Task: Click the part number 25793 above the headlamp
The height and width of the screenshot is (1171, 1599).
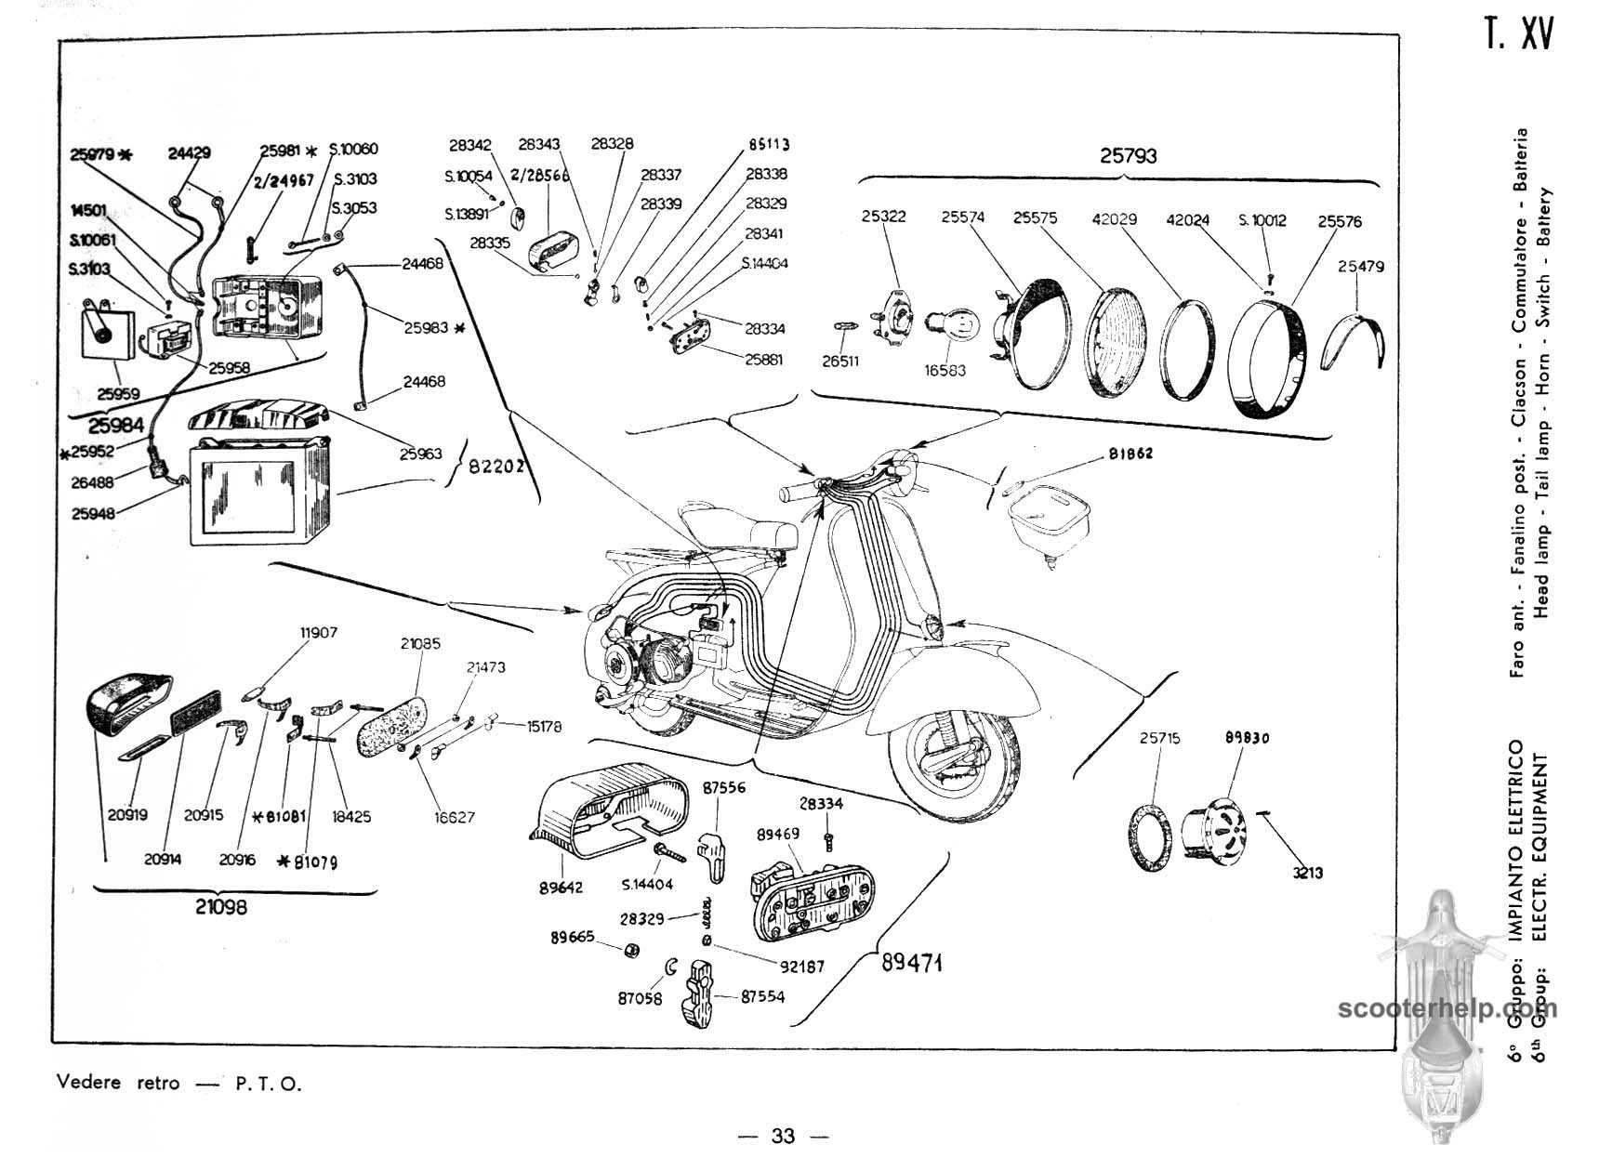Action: point(1129,156)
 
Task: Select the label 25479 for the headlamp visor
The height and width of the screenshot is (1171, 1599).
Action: point(1361,267)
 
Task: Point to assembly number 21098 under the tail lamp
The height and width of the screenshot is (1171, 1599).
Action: point(221,906)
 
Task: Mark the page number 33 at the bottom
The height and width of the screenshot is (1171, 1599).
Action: point(783,1136)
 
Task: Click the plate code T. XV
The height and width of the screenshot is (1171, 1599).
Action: point(1518,35)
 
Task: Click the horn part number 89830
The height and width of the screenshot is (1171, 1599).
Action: point(1247,738)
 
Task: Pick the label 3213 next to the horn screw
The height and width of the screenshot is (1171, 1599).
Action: point(1307,873)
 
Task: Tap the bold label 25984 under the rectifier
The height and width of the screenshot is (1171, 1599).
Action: point(116,426)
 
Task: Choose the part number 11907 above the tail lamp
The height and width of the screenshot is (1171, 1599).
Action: point(318,633)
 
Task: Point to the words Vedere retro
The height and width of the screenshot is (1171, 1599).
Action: point(118,1084)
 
